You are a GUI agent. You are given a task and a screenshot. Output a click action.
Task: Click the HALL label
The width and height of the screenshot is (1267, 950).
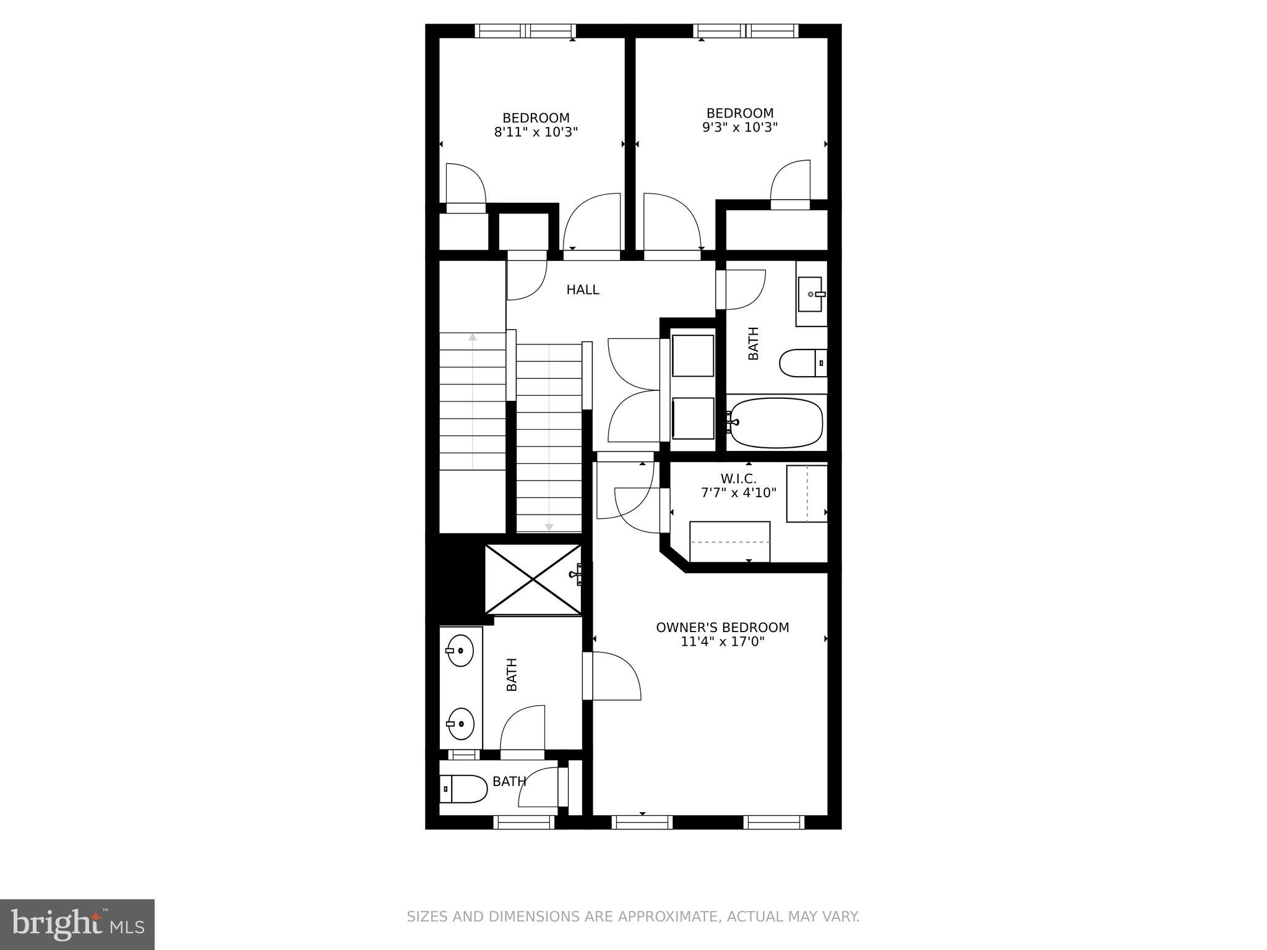pyautogui.click(x=583, y=289)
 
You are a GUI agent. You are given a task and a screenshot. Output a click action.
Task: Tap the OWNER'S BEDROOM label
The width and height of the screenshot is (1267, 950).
pyautogui.click(x=723, y=627)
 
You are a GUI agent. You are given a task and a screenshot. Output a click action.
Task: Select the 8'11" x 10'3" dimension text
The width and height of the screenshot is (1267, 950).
pyautogui.click(x=536, y=132)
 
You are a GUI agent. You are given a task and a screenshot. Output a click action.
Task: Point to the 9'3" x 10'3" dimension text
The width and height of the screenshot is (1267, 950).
pyautogui.click(x=740, y=127)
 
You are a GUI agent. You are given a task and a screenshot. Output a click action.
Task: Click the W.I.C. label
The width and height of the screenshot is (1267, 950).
pyautogui.click(x=738, y=479)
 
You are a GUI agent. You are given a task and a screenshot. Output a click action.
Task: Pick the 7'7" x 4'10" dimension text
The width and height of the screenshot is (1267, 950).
pyautogui.click(x=738, y=493)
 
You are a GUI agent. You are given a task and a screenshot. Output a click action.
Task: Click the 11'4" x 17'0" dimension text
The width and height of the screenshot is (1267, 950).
pyautogui.click(x=723, y=642)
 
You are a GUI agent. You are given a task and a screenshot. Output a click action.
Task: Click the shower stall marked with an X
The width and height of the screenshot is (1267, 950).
pyautogui.click(x=533, y=580)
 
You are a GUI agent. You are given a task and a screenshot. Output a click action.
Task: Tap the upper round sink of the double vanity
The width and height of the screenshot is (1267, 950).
pyautogui.click(x=460, y=651)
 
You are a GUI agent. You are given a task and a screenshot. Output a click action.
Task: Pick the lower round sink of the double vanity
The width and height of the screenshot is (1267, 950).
pyautogui.click(x=460, y=723)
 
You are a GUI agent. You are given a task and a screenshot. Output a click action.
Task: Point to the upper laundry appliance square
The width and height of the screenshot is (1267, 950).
pyautogui.click(x=693, y=356)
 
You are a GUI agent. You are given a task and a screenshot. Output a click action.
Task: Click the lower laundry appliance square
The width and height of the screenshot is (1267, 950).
pyautogui.click(x=693, y=419)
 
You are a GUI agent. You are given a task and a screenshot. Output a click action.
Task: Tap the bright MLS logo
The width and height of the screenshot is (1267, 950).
pyautogui.click(x=77, y=924)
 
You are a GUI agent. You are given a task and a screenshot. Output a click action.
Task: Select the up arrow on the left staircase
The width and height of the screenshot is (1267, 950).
pyautogui.click(x=473, y=338)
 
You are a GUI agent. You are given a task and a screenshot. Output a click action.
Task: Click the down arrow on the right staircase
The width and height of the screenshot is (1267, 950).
pyautogui.click(x=549, y=527)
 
